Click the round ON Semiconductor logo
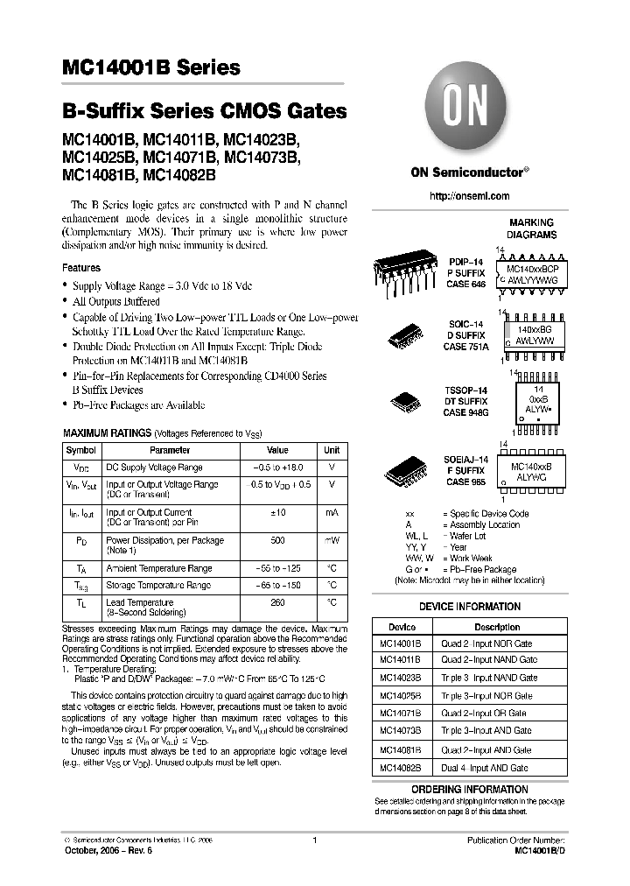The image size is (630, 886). click(469, 111)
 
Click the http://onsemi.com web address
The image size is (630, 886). click(469, 196)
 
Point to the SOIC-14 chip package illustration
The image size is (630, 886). click(407, 335)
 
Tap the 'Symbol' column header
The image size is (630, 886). click(80, 450)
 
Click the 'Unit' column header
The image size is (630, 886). click(332, 450)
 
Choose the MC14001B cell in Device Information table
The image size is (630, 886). click(401, 643)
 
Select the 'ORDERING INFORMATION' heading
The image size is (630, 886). click(469, 789)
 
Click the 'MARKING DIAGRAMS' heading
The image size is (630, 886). click(531, 229)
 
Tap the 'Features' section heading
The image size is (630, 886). click(81, 268)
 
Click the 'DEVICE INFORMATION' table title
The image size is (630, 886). click(469, 607)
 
